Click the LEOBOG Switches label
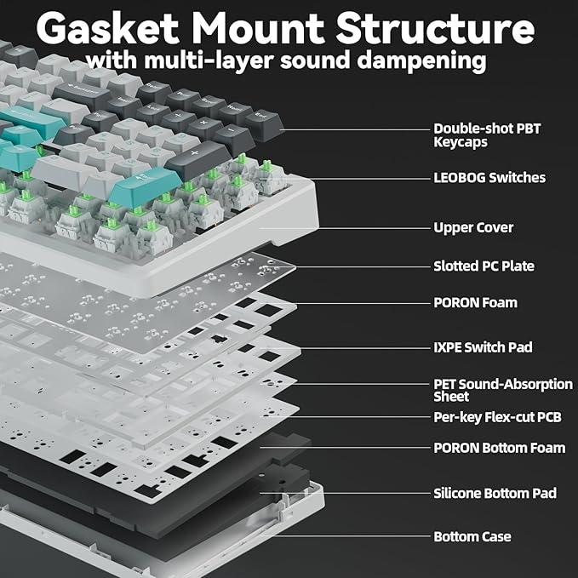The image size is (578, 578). [489, 178]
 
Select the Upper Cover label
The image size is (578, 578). [473, 228]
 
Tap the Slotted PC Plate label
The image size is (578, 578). [484, 266]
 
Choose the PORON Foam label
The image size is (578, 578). [475, 303]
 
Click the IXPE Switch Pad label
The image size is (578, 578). [483, 347]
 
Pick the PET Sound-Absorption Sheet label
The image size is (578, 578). [502, 391]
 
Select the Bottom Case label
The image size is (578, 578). [472, 537]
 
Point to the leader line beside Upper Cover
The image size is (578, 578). [366, 228]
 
